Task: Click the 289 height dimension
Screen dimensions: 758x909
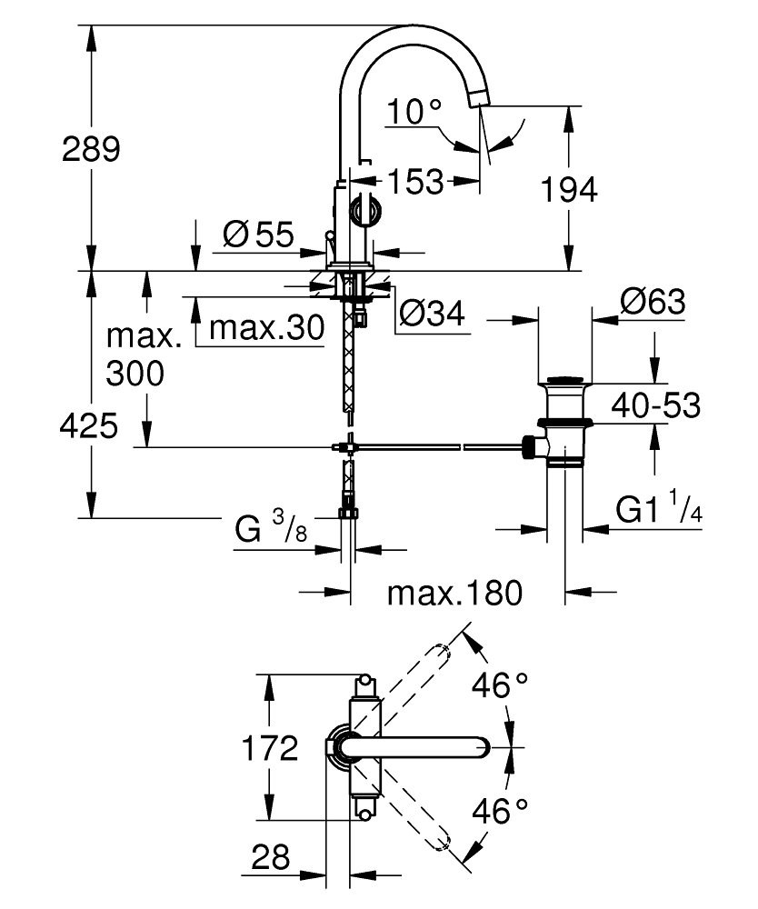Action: pos(91,149)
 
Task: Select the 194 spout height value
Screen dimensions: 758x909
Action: pos(569,190)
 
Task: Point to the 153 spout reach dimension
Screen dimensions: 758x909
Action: pos(415,182)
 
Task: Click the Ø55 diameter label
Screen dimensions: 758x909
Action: pos(258,235)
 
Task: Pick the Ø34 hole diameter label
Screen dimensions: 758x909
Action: pos(432,314)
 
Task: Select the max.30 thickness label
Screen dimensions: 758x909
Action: pos(266,328)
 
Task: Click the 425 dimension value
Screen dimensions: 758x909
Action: pos(89,426)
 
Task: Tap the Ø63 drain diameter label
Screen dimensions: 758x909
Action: pos(653,302)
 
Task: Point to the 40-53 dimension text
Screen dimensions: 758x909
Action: pos(656,405)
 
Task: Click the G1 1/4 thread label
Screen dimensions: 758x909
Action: pos(659,508)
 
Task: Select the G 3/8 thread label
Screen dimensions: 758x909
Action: pos(271,527)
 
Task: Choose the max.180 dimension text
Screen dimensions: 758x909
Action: pos(455,593)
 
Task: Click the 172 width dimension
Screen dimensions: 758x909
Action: pos(269,748)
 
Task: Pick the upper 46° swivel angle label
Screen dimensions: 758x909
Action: pos(500,685)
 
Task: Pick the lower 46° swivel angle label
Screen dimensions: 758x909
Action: pos(500,811)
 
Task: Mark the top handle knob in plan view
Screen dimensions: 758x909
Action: pos(365,679)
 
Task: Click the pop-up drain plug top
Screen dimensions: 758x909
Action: pos(565,380)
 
